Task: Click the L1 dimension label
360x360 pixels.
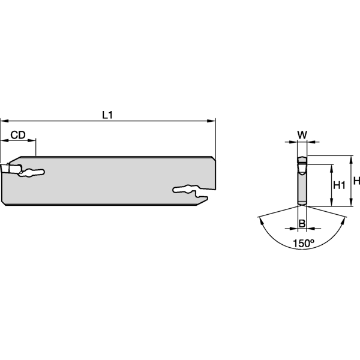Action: (x=107, y=115)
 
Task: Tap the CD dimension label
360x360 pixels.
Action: (x=18, y=135)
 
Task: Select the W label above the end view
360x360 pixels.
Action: (x=302, y=135)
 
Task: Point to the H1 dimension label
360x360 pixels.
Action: (x=339, y=185)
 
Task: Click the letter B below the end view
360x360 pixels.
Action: (x=302, y=223)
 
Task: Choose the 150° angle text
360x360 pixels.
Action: (x=303, y=243)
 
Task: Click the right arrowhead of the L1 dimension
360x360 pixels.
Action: (x=211, y=121)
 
